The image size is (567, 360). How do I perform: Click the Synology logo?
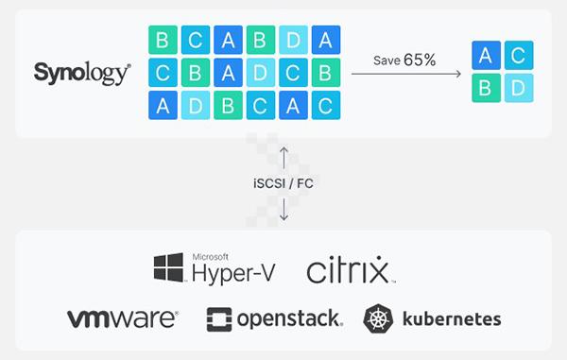click(82, 73)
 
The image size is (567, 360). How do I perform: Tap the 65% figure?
click(420, 60)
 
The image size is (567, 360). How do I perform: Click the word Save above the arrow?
click(387, 60)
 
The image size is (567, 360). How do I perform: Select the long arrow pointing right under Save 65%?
click(406, 74)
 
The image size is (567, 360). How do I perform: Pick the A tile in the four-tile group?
click(486, 56)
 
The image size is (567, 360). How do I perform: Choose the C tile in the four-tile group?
click(519, 56)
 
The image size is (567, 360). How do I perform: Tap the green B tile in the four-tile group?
click(486, 88)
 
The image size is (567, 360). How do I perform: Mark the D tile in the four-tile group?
click(519, 88)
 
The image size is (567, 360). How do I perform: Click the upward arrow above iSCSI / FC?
click(283, 158)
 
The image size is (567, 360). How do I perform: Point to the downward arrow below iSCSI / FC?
click(283, 209)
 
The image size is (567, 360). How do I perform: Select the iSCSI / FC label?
click(283, 183)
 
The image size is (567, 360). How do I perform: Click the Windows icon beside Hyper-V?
click(169, 267)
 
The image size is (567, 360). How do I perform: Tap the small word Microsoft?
click(211, 257)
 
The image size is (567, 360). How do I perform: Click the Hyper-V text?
click(233, 273)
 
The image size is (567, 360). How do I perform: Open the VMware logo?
click(123, 318)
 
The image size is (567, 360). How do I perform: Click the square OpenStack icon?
click(219, 319)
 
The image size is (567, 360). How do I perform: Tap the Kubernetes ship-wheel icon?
click(378, 318)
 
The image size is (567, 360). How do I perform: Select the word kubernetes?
click(452, 318)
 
